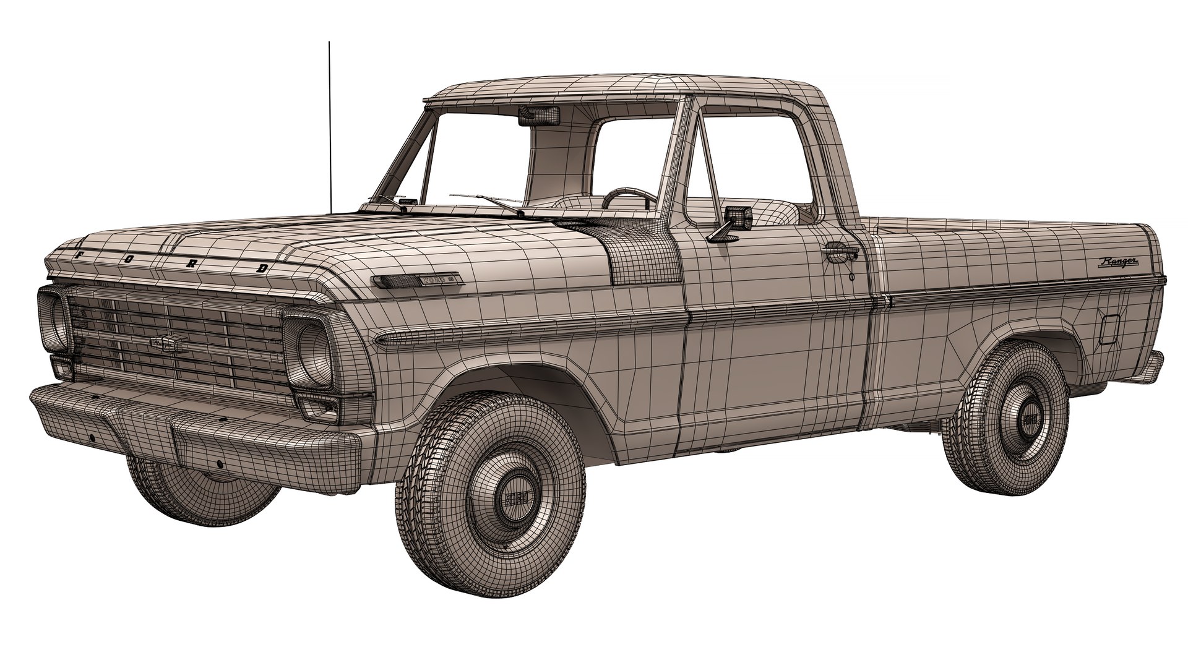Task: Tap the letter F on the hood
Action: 78,254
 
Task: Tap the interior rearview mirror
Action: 539,115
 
